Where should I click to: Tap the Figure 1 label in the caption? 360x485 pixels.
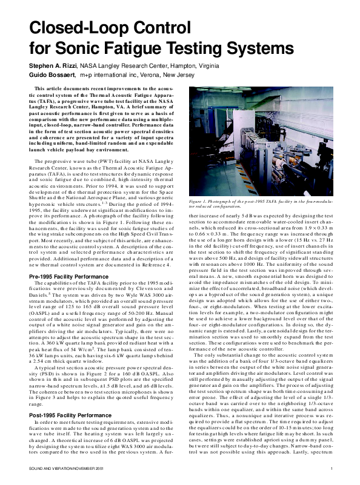point(201,200)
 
